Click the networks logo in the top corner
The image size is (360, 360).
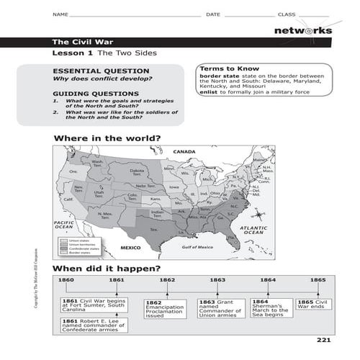click(302, 30)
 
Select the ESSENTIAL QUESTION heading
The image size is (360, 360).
click(101, 71)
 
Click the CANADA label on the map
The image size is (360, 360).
click(184, 152)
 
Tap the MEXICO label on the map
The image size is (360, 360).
click(130, 247)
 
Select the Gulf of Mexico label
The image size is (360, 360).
click(198, 247)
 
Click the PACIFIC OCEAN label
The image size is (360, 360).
click(66, 225)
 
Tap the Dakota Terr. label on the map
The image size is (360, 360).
click(137, 171)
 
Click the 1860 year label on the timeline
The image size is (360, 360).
click(66, 279)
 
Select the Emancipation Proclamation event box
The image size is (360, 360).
click(165, 309)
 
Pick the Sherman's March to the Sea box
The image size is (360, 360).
click(270, 307)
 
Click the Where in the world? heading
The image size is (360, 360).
click(107, 138)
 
